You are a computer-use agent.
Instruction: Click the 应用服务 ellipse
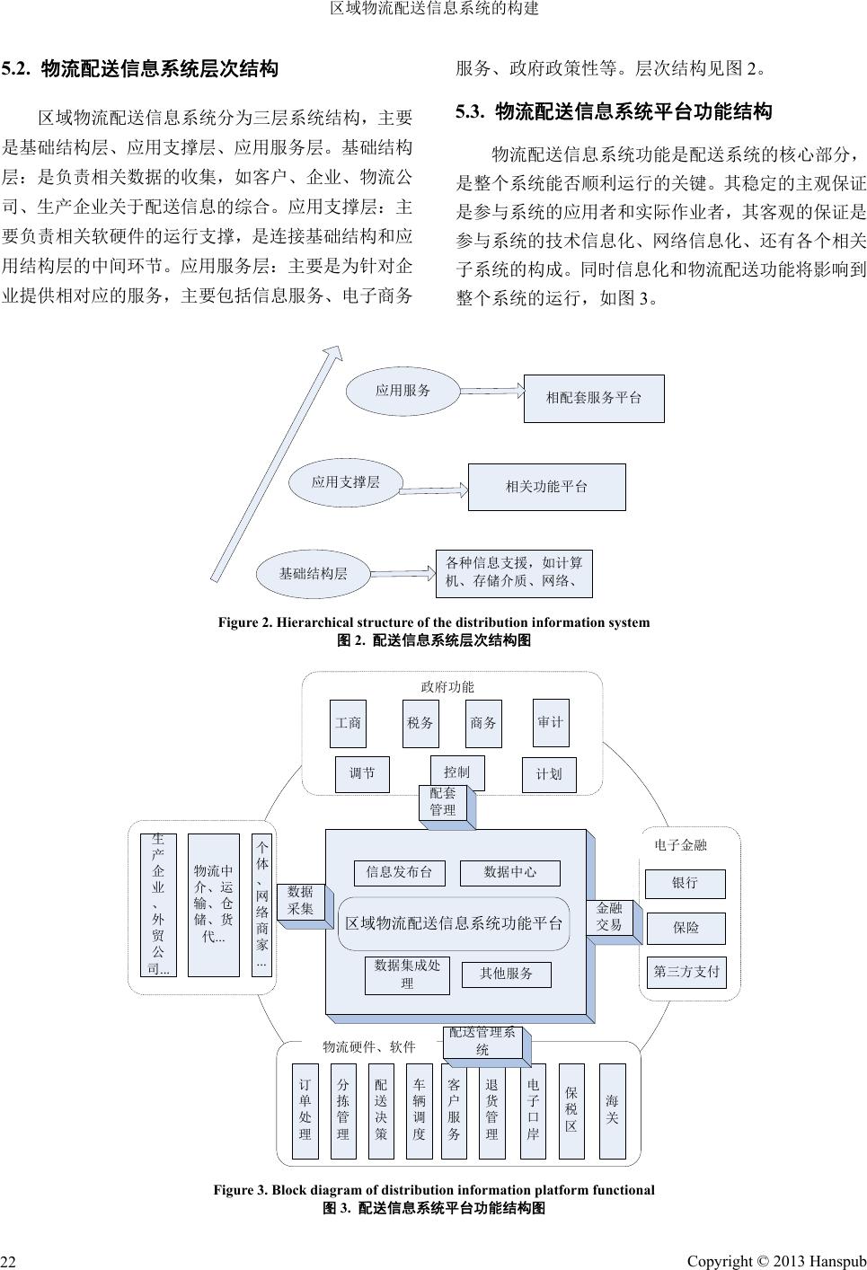[x=403, y=391]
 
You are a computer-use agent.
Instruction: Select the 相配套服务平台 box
[x=594, y=398]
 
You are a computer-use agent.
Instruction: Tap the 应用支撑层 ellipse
[x=345, y=483]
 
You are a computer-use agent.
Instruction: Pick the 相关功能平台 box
[x=546, y=487]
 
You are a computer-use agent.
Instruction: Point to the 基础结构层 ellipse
[x=313, y=573]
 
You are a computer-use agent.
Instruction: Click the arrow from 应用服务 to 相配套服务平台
[x=491, y=391]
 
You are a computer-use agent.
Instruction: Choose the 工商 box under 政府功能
[x=349, y=723]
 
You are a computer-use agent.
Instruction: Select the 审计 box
[x=551, y=722]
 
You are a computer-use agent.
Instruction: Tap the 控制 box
[x=456, y=772]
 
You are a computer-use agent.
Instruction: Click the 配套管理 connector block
[x=443, y=801]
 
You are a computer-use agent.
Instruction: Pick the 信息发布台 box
[x=400, y=872]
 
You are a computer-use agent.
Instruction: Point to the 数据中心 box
[x=509, y=872]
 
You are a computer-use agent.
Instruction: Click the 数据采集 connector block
[x=301, y=901]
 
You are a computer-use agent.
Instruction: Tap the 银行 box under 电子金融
[x=686, y=883]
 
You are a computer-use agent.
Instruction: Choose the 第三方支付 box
[x=686, y=971]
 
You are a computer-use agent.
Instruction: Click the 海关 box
[x=612, y=1110]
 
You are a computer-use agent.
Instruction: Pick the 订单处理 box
[x=305, y=1110]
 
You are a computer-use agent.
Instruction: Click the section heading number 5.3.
[x=470, y=112]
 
